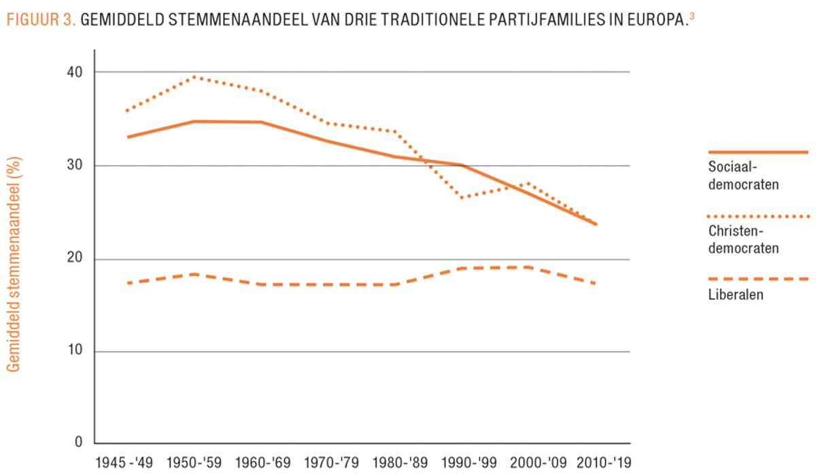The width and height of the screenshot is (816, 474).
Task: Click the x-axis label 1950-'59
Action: (194, 462)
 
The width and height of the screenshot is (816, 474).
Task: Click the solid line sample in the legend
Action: (758, 152)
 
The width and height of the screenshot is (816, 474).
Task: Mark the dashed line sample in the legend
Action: (758, 279)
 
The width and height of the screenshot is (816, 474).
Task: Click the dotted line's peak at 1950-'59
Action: (194, 77)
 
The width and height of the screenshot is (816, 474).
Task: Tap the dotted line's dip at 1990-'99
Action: (462, 198)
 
